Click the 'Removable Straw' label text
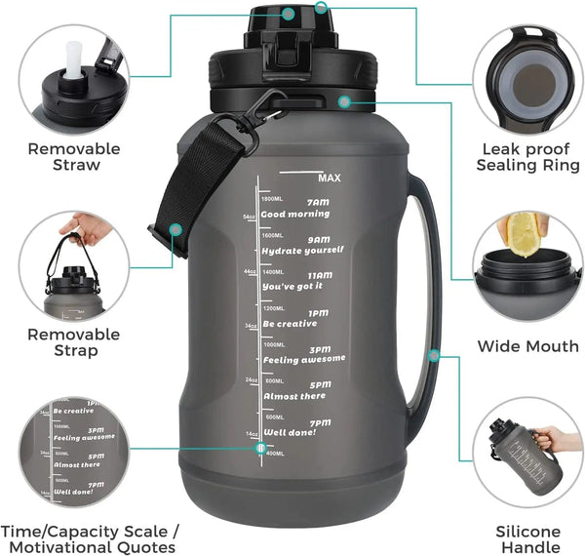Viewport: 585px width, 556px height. pos(74,157)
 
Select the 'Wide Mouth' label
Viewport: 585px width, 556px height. pos(527,346)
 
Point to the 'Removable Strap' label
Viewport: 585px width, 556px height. pos(74,342)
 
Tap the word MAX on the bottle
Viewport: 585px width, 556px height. pos(328,178)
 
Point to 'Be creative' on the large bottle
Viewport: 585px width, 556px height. pos(290,323)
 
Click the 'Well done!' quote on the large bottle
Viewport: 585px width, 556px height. pos(290,431)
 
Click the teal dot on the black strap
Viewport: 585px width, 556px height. pos(175,229)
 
